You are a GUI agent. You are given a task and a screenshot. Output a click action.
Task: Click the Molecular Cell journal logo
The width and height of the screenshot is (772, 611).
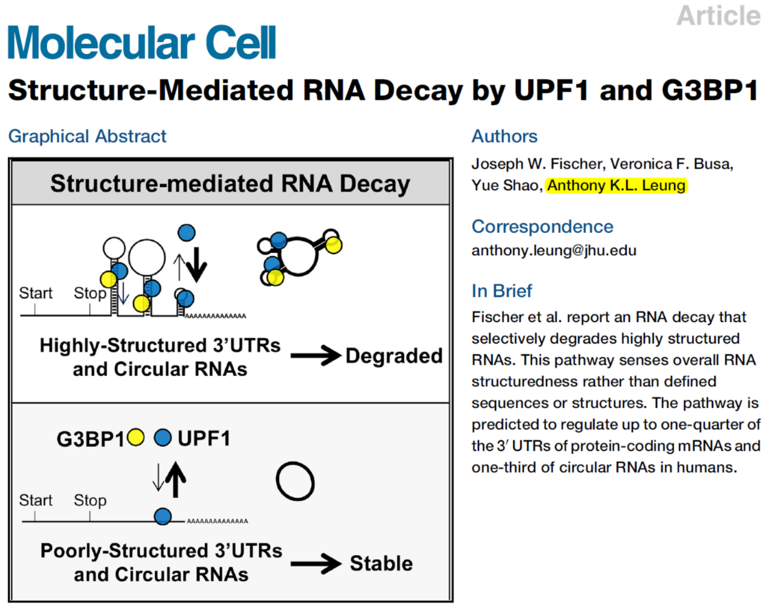(x=142, y=43)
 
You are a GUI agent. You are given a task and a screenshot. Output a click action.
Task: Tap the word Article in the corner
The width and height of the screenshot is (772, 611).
(x=718, y=15)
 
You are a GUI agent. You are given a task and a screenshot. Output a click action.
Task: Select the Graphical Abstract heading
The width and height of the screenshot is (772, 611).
(x=87, y=136)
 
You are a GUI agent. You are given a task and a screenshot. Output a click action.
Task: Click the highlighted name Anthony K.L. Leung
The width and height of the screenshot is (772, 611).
(x=616, y=185)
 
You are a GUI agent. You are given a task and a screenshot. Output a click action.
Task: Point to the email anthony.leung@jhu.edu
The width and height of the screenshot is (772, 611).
(x=554, y=250)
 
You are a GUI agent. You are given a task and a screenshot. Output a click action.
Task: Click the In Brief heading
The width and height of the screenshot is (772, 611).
(x=501, y=291)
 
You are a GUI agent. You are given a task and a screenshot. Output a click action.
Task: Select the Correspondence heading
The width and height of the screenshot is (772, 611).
(x=542, y=227)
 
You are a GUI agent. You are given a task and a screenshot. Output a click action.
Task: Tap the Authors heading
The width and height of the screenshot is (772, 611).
(x=505, y=136)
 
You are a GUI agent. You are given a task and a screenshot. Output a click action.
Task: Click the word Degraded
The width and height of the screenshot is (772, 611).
(x=394, y=356)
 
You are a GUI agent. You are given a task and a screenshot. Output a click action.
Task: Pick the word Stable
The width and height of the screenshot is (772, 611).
(x=381, y=564)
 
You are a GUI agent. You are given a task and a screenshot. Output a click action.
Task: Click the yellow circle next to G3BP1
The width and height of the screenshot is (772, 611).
(x=136, y=437)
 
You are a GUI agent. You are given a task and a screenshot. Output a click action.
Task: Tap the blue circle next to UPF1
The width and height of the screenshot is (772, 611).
(x=162, y=437)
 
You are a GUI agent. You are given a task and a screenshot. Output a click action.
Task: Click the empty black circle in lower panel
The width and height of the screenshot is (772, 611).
(x=295, y=482)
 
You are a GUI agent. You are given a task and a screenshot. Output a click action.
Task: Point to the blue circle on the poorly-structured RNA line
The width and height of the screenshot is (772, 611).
(x=162, y=517)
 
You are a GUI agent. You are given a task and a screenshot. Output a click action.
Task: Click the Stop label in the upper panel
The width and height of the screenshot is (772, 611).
(x=90, y=293)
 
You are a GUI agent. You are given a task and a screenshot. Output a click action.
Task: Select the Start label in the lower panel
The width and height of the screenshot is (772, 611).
(x=36, y=500)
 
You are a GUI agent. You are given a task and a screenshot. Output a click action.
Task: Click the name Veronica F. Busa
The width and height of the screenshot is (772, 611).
(x=672, y=164)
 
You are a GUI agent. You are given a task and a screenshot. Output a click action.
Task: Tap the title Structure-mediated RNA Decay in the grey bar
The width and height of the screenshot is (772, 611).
(x=230, y=184)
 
